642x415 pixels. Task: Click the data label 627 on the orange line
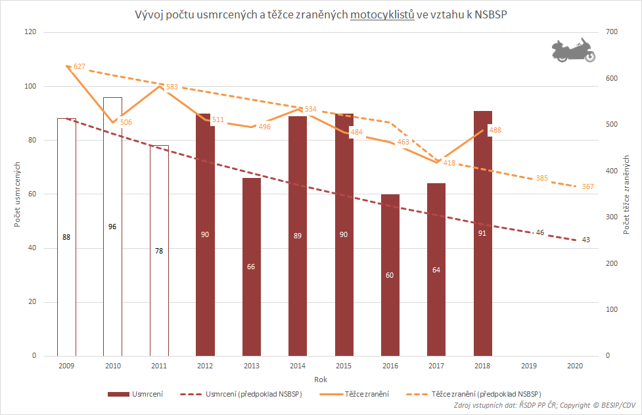(80, 67)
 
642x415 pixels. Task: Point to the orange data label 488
(495, 130)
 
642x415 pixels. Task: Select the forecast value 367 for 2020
(588, 187)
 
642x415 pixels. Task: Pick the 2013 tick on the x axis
(251, 365)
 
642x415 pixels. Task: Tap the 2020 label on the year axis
(575, 365)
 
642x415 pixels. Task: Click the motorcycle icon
(573, 50)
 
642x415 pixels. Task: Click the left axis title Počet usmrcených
(18, 194)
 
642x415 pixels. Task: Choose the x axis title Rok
(320, 380)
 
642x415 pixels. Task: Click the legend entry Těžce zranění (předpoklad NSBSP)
(486, 394)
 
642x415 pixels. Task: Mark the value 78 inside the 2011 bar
(159, 251)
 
